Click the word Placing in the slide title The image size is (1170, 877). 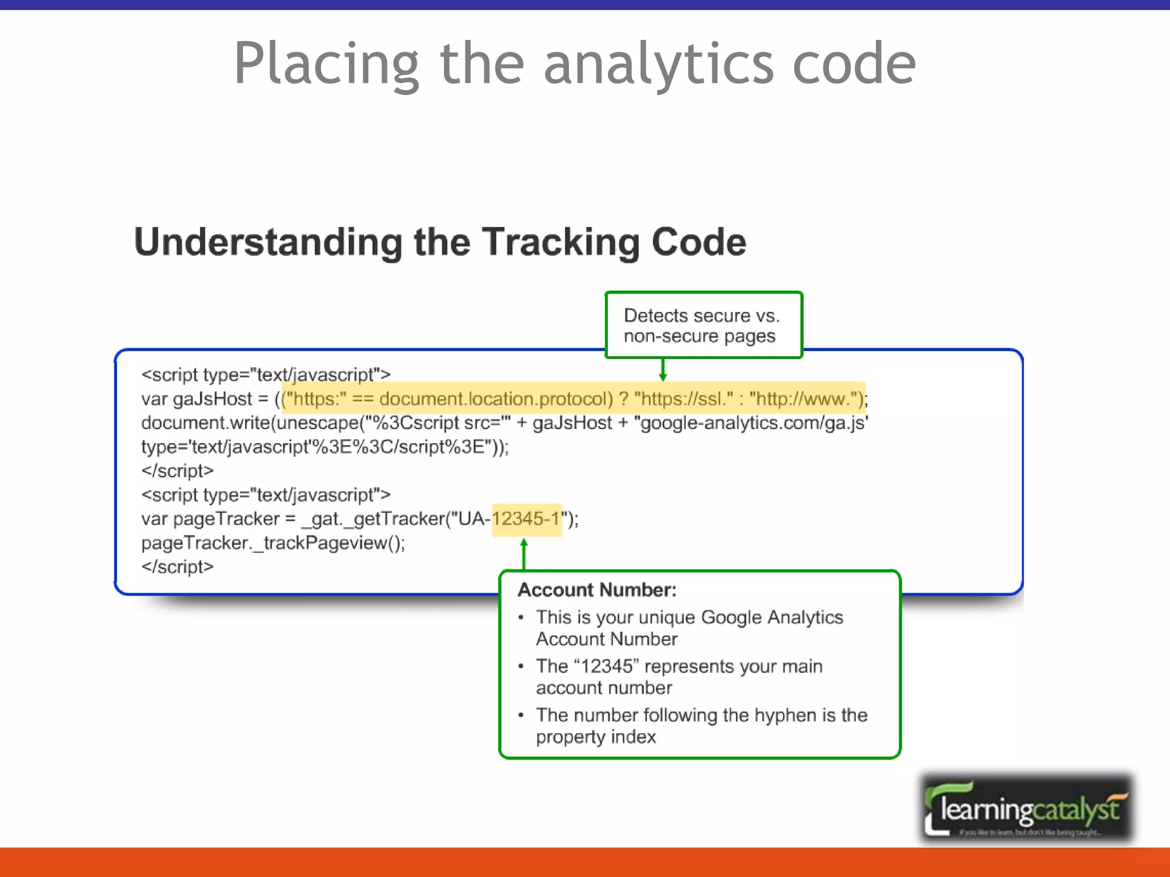(326, 64)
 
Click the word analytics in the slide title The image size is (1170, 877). (658, 64)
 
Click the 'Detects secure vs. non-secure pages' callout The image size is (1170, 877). (703, 325)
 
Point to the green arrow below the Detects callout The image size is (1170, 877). (663, 369)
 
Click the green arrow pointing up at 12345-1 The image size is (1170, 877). (524, 553)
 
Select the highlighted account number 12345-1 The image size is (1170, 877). (526, 519)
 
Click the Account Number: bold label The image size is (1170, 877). (597, 590)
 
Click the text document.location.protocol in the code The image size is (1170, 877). (496, 399)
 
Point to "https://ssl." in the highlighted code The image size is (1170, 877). (683, 399)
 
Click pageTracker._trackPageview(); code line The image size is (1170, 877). (273, 543)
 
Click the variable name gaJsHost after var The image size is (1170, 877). (212, 399)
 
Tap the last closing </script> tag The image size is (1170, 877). (177, 567)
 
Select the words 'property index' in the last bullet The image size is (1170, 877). (595, 737)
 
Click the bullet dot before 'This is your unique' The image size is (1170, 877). (520, 617)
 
